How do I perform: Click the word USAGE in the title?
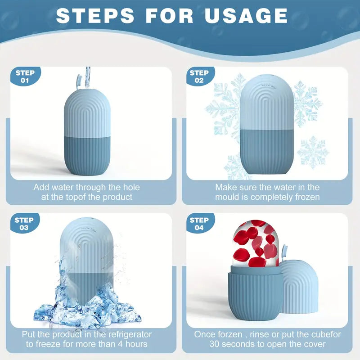click(x=246, y=16)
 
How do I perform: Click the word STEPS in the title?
click(x=95, y=16)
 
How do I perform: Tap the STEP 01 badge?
click(x=25, y=76)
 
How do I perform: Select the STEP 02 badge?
click(x=199, y=76)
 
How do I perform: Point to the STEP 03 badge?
click(x=24, y=224)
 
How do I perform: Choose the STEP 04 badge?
click(x=199, y=224)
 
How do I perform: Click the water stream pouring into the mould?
click(x=88, y=77)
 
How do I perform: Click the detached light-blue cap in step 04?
click(x=298, y=287)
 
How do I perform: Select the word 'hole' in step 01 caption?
click(x=131, y=187)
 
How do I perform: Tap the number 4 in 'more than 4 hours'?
click(x=121, y=344)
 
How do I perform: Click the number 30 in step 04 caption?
click(x=215, y=344)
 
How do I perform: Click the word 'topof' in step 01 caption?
click(x=77, y=197)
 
